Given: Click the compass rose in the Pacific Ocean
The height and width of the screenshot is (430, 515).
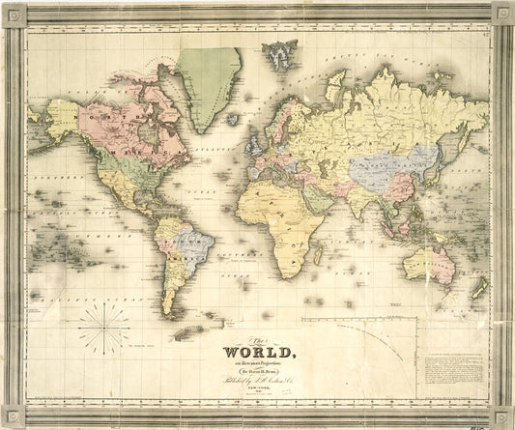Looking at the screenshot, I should coord(103,328).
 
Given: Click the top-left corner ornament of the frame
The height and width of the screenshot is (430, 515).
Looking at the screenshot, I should coord(14,13).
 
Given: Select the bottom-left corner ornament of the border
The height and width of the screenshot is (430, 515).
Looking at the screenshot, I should coord(14,417).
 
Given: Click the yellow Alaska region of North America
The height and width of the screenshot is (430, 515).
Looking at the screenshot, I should coord(60,118).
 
